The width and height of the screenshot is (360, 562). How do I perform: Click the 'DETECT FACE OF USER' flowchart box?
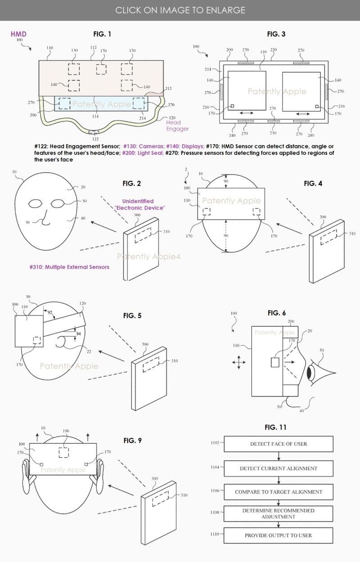[279, 444]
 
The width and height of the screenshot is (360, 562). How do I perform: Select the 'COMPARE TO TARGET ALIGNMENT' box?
[279, 492]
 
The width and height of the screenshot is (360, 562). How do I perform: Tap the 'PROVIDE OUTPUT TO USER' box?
[279, 535]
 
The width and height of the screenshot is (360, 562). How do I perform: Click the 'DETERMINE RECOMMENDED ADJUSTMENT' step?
[279, 514]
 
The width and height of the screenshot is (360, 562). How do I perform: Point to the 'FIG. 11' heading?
[275, 427]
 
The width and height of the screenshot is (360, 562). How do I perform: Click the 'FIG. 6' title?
[277, 313]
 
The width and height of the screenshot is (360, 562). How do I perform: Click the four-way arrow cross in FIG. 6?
[238, 362]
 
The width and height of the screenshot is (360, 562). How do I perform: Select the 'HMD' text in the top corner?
[18, 34]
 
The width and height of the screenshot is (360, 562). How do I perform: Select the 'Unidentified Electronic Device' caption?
[139, 205]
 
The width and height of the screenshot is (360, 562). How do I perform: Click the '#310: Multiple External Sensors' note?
[69, 267]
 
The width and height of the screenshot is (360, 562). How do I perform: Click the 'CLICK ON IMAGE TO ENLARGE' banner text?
[180, 10]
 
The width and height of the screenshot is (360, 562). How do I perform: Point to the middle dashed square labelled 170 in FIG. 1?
[101, 69]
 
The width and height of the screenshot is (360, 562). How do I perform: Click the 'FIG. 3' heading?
[276, 34]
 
